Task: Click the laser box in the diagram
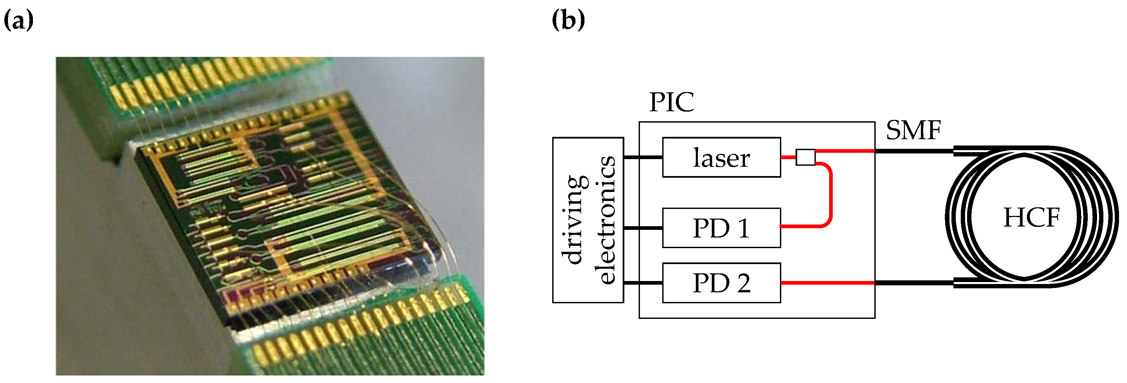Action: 721,157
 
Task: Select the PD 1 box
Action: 721,228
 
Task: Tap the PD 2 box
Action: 721,283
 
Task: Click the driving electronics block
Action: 587,220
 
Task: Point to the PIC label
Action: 671,102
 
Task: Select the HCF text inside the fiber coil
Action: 1031,217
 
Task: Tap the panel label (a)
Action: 18,20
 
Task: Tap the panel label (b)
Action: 568,20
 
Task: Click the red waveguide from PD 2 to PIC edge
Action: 827,283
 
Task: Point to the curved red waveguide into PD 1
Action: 829,197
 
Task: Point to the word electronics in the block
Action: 606,220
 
